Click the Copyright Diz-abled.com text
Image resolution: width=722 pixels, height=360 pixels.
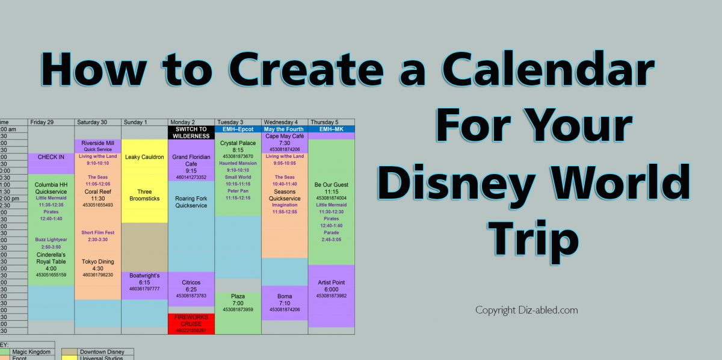pyautogui.click(x=526, y=311)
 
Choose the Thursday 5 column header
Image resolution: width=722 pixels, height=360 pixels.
pyautogui.click(x=331, y=122)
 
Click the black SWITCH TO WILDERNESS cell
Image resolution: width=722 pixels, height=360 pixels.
pyautogui.click(x=191, y=132)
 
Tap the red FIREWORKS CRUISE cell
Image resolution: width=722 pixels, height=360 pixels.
pyautogui.click(x=191, y=321)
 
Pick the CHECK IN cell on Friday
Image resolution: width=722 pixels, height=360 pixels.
pyautogui.click(x=51, y=157)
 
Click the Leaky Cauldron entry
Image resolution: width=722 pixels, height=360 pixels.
pyautogui.click(x=144, y=157)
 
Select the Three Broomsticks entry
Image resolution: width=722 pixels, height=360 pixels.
pyautogui.click(x=144, y=195)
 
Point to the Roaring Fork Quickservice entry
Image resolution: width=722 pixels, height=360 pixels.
pyautogui.click(x=191, y=202)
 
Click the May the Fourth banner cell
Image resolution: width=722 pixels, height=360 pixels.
pyautogui.click(x=285, y=129)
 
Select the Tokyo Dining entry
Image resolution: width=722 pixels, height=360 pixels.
pyautogui.click(x=97, y=265)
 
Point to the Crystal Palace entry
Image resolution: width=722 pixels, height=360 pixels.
pyautogui.click(x=238, y=147)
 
